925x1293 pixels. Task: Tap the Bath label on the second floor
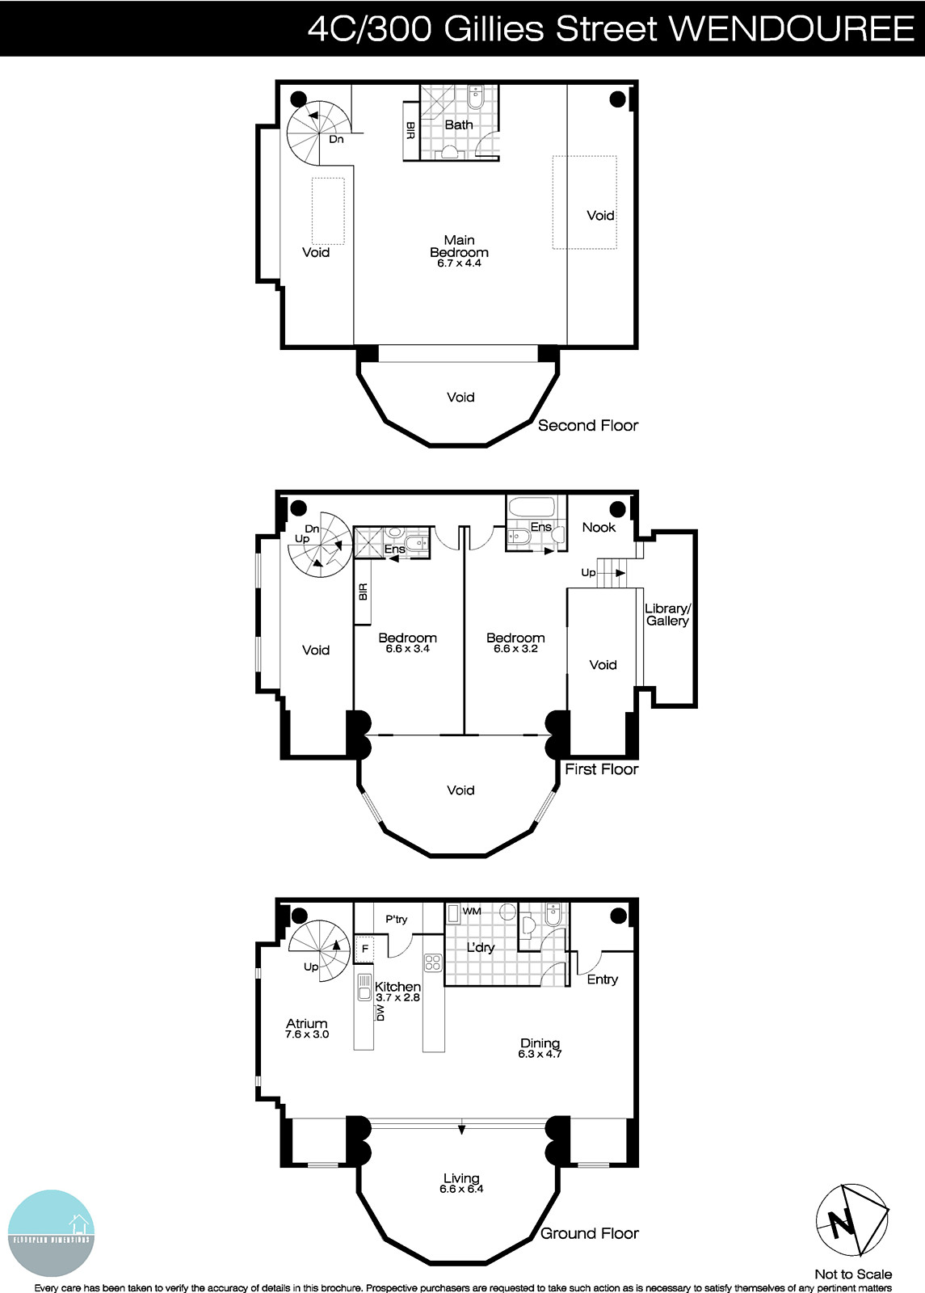459,124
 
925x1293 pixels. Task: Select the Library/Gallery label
667,615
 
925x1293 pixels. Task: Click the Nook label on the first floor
599,527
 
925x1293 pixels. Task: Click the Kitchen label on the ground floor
397,987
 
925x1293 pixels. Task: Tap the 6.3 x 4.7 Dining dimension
540,1054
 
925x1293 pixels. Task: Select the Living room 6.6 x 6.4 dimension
461,1189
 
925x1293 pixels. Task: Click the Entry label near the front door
602,979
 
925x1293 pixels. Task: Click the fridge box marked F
365,949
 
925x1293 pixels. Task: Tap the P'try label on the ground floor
396,919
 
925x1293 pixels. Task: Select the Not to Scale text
853,1274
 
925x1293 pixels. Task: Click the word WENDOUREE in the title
792,29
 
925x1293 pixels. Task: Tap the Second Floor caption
588,425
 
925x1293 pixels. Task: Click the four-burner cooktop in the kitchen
434,962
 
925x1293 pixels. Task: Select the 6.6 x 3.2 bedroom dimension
515,648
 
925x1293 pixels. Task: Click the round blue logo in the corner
50,1233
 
